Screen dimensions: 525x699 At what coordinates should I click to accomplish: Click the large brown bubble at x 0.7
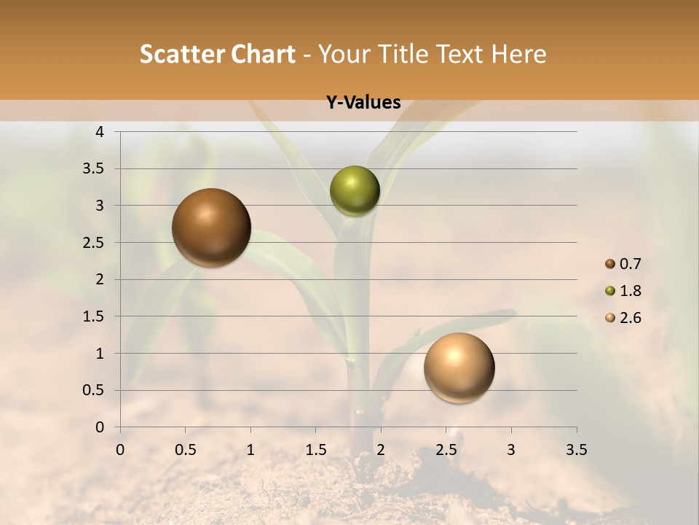pyautogui.click(x=212, y=227)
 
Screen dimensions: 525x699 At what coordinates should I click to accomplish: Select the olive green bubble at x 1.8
pyautogui.click(x=355, y=190)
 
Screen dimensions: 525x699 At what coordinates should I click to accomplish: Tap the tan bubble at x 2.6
pyautogui.click(x=459, y=367)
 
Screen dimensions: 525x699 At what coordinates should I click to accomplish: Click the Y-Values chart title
pyautogui.click(x=363, y=103)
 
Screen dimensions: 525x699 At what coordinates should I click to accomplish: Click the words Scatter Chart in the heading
pyautogui.click(x=218, y=54)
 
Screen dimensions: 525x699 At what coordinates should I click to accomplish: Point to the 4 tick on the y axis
pyautogui.click(x=100, y=132)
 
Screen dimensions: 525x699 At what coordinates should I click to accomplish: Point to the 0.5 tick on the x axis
pyautogui.click(x=185, y=450)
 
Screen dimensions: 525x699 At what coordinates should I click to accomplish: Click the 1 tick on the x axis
pyautogui.click(x=250, y=450)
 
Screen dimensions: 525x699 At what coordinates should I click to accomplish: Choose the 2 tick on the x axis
pyautogui.click(x=381, y=450)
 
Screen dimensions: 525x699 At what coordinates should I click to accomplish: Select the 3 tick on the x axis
pyautogui.click(x=511, y=450)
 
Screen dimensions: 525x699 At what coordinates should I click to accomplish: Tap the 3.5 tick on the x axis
pyautogui.click(x=576, y=450)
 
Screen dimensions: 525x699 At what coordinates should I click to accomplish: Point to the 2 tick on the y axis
pyautogui.click(x=100, y=279)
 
